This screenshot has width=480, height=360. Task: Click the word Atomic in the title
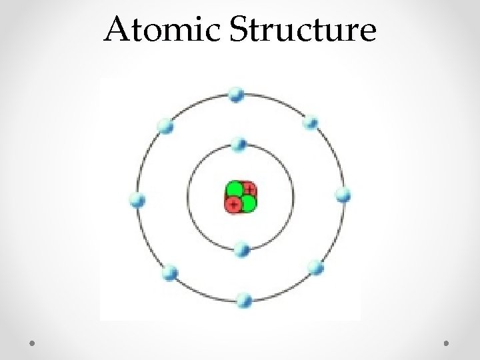click(x=163, y=30)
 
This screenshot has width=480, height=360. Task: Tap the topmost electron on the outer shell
click(x=236, y=95)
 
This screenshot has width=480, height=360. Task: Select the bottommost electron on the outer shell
click(x=245, y=299)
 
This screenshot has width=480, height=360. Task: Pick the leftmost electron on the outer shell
click(x=137, y=200)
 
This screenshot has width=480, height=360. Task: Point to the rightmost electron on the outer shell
click(x=343, y=195)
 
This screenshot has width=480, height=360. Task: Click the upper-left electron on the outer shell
click(x=165, y=125)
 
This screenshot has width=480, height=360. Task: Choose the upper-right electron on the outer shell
click(x=311, y=123)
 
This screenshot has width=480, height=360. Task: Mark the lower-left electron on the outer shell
click(x=170, y=272)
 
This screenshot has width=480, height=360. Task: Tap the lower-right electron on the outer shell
click(x=316, y=269)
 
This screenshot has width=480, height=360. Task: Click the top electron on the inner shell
click(x=239, y=143)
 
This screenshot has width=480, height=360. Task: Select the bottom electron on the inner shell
click(x=242, y=250)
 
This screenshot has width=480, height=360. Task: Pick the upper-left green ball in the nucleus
click(x=234, y=189)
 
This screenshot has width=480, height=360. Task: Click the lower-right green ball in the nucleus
click(x=248, y=203)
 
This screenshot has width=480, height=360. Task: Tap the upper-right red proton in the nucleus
click(x=249, y=189)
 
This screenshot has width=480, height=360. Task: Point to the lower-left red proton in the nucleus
click(x=233, y=205)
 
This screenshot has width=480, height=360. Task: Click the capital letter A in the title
click(x=117, y=30)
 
